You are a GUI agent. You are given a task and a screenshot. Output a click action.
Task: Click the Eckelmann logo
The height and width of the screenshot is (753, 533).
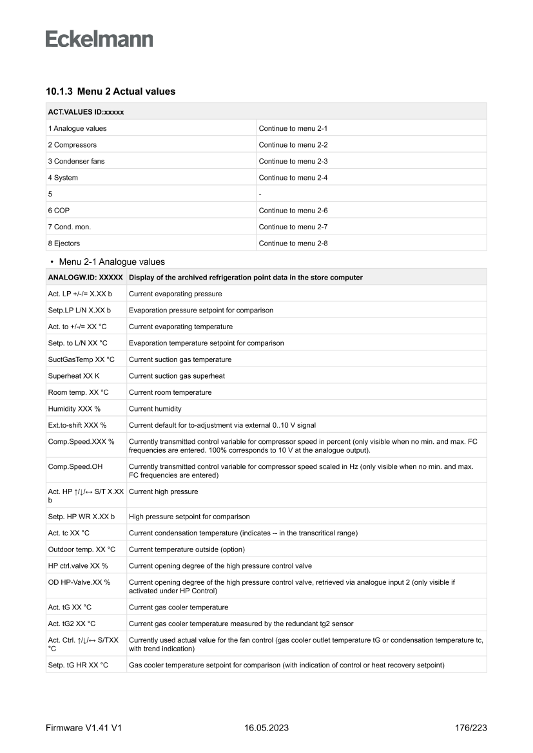[x=99, y=39]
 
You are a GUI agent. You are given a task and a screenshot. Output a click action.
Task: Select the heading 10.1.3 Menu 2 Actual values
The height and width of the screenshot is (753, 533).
[x=110, y=91]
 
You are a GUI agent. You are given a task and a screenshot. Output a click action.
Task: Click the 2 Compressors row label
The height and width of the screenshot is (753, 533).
[x=72, y=145]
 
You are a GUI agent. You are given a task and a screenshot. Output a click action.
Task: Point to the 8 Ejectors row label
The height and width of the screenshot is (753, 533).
[x=64, y=243]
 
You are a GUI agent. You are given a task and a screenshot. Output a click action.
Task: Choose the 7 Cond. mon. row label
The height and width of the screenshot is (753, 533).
[x=68, y=227]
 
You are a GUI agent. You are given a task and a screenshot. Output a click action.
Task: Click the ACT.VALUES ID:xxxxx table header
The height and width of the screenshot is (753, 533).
[x=86, y=111]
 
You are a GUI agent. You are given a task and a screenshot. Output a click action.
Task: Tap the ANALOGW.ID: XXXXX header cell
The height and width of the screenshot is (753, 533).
[x=86, y=278]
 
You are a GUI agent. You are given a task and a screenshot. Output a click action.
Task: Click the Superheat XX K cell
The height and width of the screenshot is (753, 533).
[x=73, y=376]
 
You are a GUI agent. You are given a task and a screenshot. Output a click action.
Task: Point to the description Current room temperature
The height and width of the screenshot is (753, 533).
[x=170, y=392]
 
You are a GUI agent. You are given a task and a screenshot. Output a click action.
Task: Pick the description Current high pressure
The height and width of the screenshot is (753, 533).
[x=164, y=491]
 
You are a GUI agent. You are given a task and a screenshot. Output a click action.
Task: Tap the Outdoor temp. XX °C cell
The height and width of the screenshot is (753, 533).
[x=82, y=549]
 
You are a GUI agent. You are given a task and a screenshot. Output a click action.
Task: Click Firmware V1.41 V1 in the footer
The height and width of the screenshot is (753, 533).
[x=84, y=728]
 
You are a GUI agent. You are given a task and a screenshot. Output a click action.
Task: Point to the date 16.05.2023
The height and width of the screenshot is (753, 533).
[x=266, y=728]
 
